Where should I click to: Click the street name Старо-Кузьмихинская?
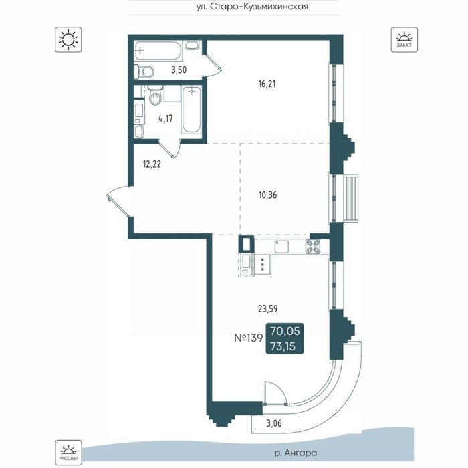pos(259,7)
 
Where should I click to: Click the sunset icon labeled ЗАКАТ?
pos(404,39)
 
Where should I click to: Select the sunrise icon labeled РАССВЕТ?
pos(68,452)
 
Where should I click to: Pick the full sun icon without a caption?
pos(68,39)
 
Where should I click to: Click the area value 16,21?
pos(267,84)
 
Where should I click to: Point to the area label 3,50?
pos(179,70)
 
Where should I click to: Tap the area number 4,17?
pos(166,119)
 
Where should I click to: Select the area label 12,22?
pos(152,164)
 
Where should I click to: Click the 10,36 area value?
pos(267,195)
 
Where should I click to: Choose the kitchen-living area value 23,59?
pos(267,308)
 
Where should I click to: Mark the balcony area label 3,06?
pos(273,423)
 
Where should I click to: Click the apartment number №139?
pos(248,338)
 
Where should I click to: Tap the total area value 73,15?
pos(283,346)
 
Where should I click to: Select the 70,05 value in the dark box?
pos(285,331)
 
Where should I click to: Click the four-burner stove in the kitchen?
pos(313,247)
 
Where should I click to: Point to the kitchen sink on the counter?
pos(281,247)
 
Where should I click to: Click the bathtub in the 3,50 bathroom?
pos(158,51)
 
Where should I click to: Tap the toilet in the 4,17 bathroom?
pos(155,95)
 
